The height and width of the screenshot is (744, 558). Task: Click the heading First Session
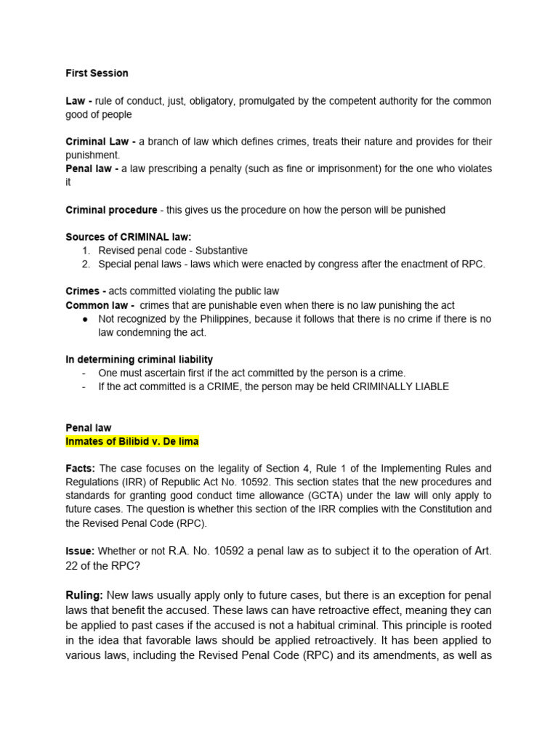coord(97,73)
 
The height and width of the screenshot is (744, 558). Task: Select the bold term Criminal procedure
coord(111,210)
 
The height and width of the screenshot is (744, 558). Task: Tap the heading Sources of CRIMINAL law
coord(129,237)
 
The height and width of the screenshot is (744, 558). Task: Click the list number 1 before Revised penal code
coord(86,251)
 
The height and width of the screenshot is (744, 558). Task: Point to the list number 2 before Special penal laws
coord(86,264)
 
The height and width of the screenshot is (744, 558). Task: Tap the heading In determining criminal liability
coord(139,360)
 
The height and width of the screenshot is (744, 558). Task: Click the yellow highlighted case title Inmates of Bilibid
coord(132,442)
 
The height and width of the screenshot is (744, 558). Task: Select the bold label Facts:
coord(81,469)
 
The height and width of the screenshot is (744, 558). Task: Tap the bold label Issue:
coord(80,551)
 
